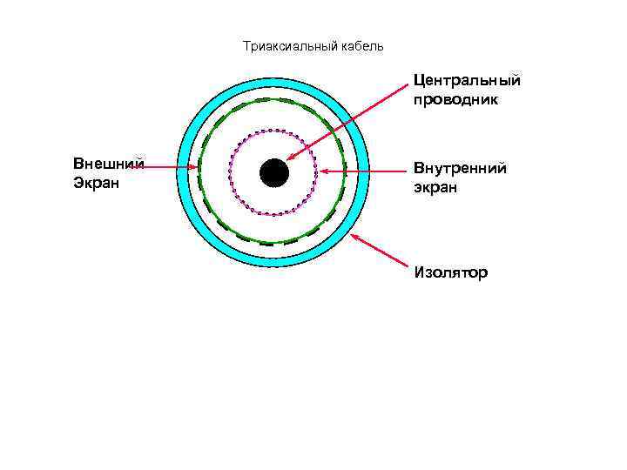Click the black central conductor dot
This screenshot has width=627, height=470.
pyautogui.click(x=273, y=172)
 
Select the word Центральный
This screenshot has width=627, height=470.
pyautogui.click(x=467, y=80)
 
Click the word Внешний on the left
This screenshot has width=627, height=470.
pyautogui.click(x=109, y=164)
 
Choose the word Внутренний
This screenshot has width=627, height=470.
pyautogui.click(x=460, y=168)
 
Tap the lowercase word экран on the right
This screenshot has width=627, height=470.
pyautogui.click(x=435, y=187)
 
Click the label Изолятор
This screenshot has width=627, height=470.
pyautogui.click(x=451, y=272)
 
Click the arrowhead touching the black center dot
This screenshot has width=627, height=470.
pyautogui.click(x=289, y=159)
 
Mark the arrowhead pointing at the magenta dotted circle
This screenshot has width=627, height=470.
pyautogui.click(x=322, y=171)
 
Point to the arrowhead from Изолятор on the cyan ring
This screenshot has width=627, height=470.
pyautogui.click(x=353, y=235)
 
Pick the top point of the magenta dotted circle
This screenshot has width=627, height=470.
pyautogui.click(x=273, y=131)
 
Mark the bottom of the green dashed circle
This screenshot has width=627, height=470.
pyautogui.click(x=273, y=243)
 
